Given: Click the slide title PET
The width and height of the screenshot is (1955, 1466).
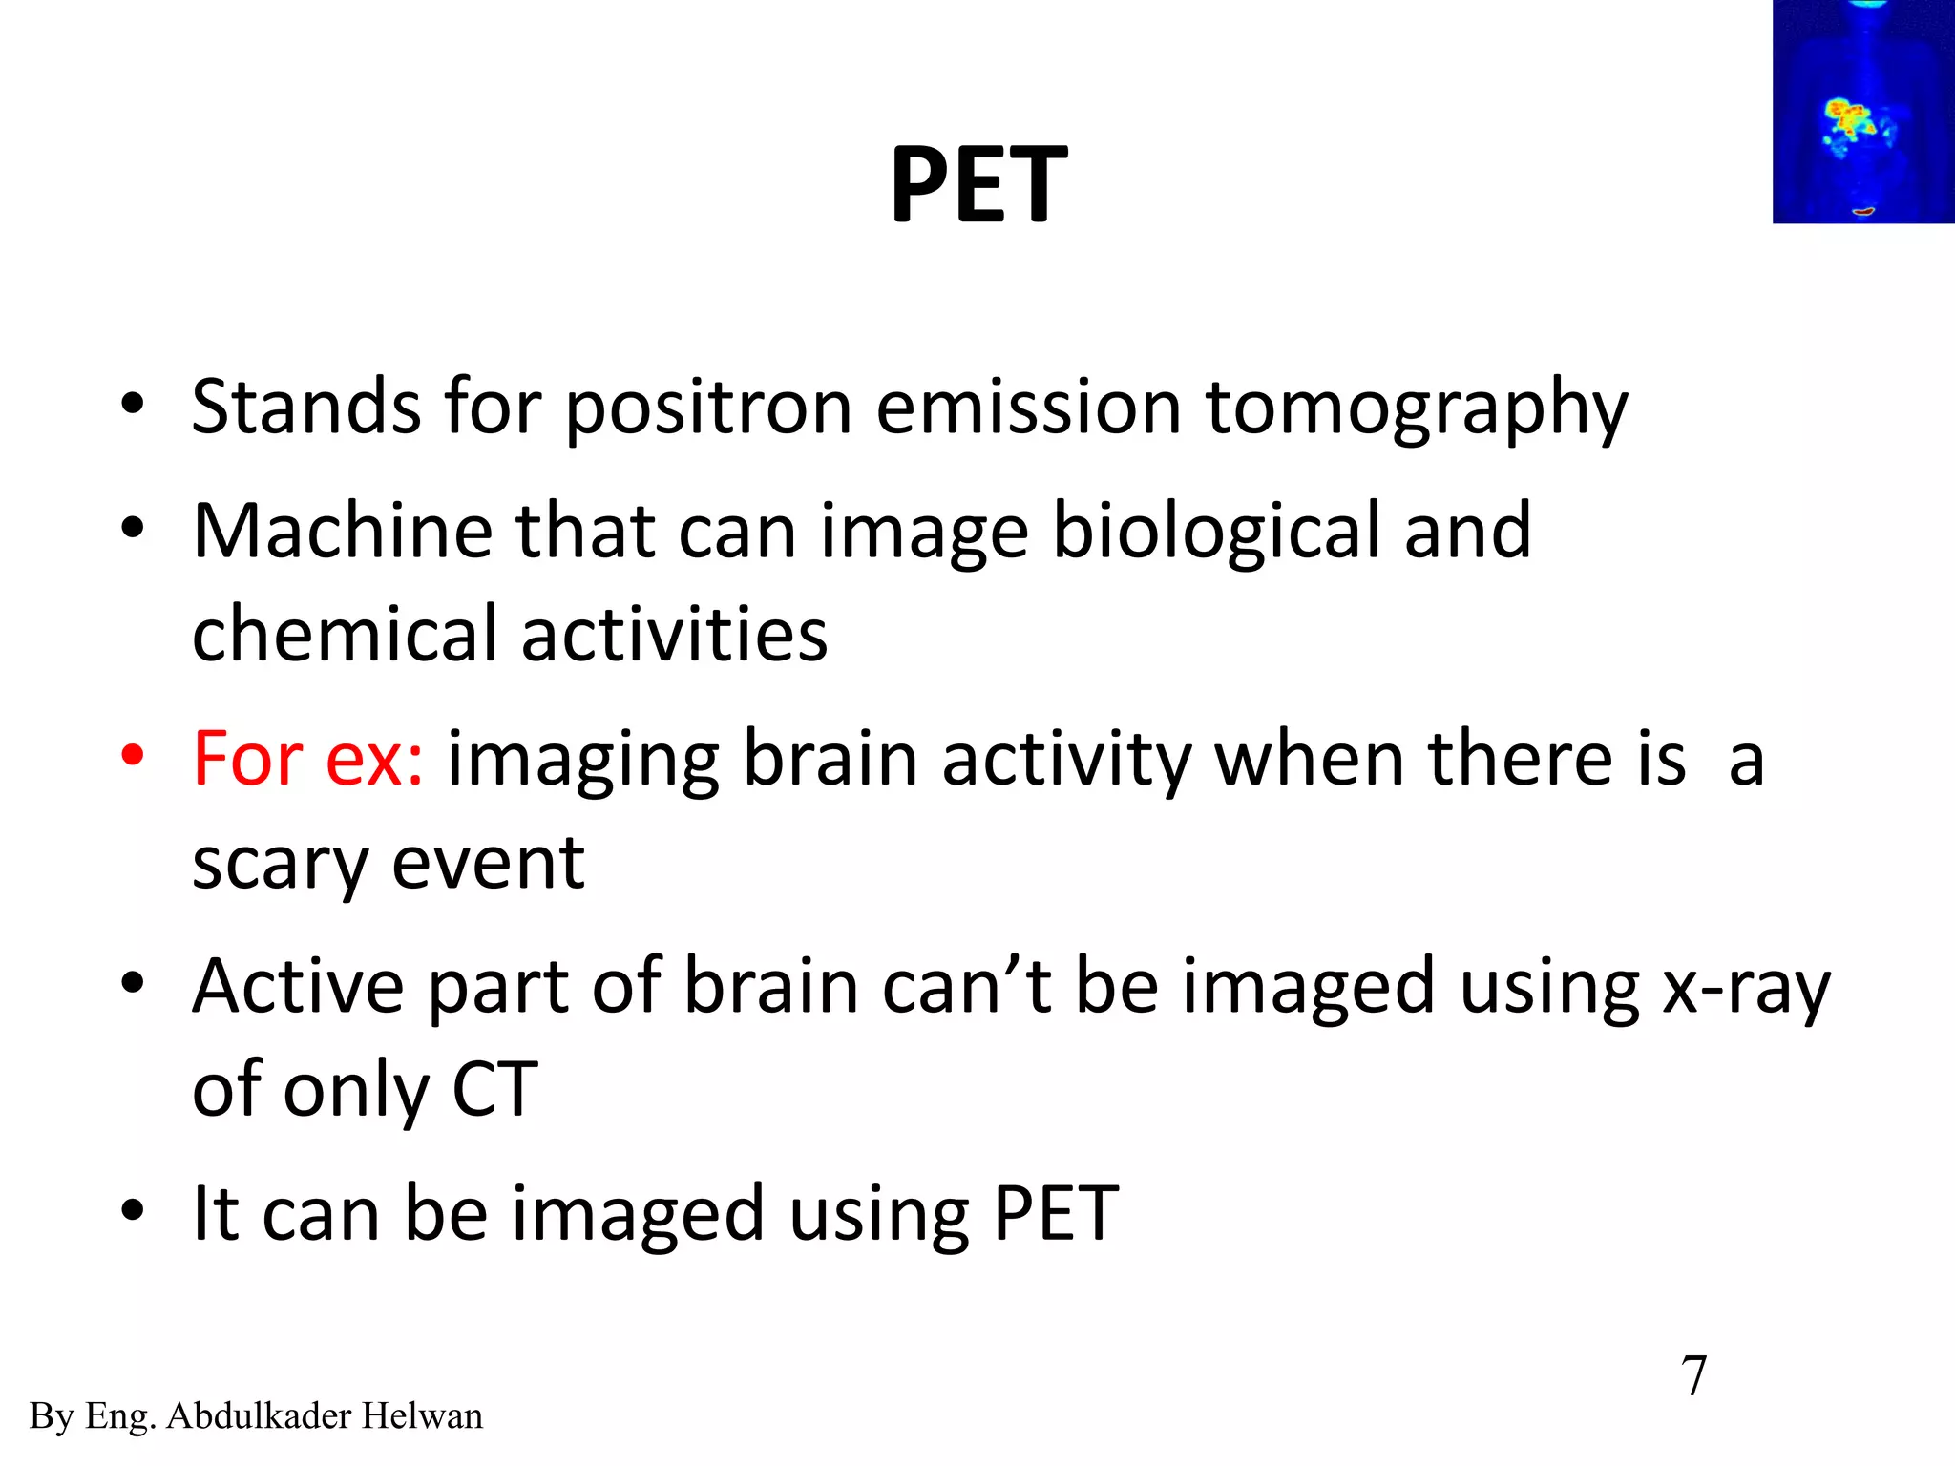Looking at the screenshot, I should (978, 185).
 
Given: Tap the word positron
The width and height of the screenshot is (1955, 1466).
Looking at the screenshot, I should (708, 408).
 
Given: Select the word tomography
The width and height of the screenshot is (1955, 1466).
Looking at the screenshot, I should (1417, 408).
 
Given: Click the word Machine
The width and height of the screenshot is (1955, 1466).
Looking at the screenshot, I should (343, 531).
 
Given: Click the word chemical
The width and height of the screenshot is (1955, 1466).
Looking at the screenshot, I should (345, 635).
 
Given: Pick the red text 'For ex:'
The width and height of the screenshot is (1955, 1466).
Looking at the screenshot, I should (307, 759).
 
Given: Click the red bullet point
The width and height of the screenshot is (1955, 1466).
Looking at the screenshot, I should (133, 756).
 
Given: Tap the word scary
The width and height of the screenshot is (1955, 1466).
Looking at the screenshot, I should (280, 864).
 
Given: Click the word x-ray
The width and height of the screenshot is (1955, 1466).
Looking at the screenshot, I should (1746, 987).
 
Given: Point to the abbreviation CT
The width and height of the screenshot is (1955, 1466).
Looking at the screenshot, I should (494, 1090).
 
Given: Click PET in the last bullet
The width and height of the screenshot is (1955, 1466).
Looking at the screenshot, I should (1055, 1214).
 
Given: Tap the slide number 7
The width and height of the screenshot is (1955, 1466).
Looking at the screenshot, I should (1693, 1376).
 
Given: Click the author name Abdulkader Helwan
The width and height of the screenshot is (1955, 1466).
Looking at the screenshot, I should (324, 1416).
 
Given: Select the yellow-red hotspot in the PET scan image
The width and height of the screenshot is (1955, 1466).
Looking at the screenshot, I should (1850, 119).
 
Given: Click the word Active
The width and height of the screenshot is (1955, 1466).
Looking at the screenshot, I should (298, 986).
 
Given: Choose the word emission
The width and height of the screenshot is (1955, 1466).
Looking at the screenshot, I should (1028, 408).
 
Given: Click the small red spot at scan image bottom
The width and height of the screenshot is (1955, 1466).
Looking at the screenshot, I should (1862, 211).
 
